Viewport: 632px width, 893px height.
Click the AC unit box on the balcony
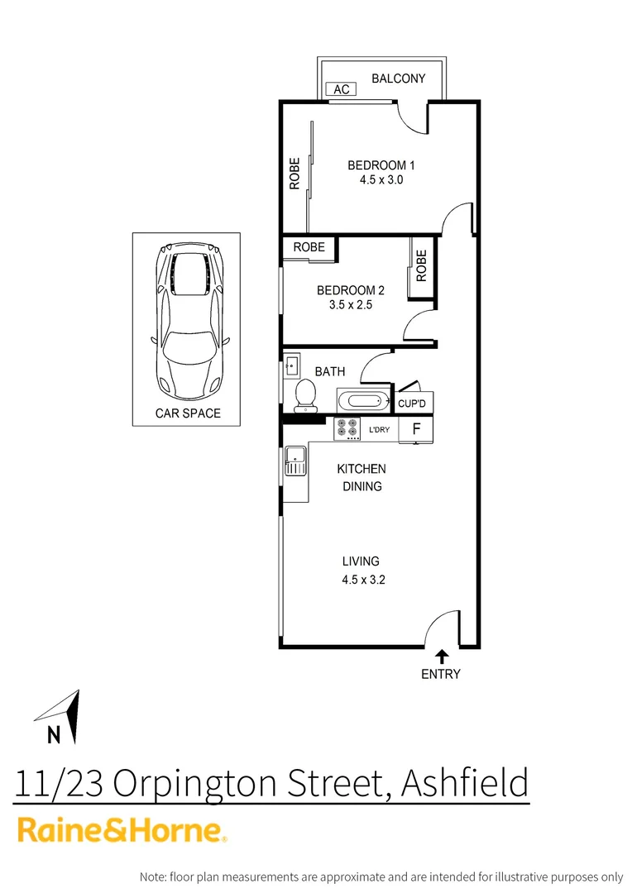click(342, 89)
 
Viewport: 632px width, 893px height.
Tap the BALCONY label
click(398, 79)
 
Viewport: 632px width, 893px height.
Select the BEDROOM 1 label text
click(381, 165)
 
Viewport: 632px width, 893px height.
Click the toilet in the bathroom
click(305, 394)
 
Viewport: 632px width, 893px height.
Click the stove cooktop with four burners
click(347, 429)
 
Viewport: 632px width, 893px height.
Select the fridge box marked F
click(416, 429)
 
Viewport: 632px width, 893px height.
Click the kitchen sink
click(295, 461)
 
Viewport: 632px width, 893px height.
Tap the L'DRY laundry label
click(380, 429)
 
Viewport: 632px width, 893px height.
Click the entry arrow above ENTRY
click(442, 655)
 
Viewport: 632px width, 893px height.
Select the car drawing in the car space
click(186, 318)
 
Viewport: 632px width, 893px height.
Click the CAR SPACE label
click(188, 413)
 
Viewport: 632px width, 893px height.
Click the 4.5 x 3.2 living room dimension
click(363, 580)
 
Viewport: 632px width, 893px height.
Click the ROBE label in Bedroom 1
click(294, 174)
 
